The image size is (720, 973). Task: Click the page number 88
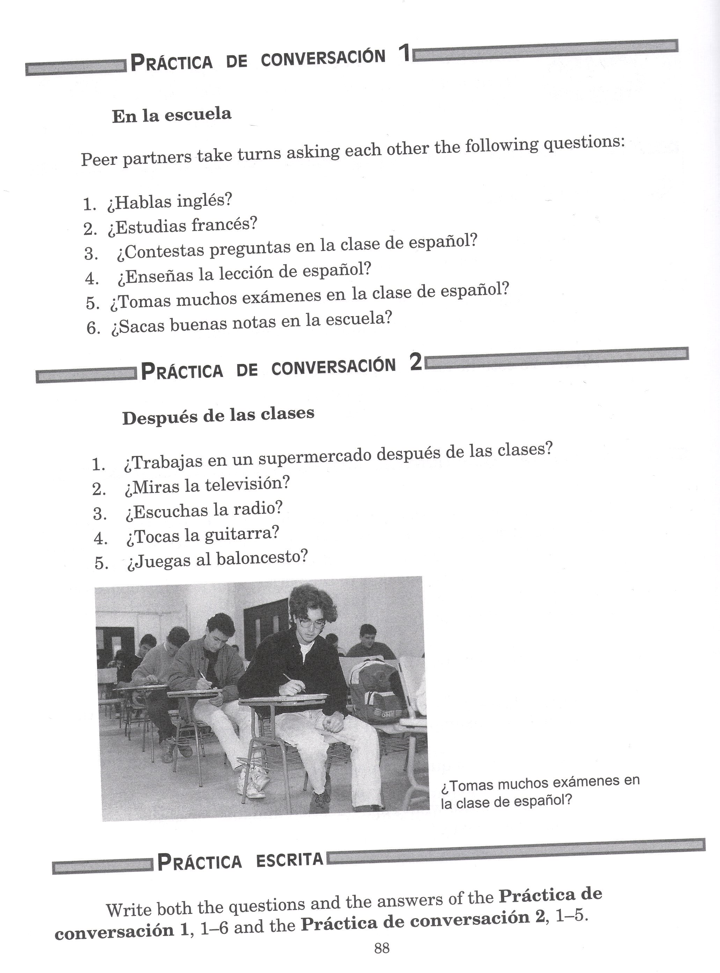(x=381, y=948)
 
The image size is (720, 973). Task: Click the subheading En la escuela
(x=172, y=115)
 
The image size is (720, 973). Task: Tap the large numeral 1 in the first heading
(x=404, y=55)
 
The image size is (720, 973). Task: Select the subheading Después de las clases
(x=218, y=415)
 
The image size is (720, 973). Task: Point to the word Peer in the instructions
(x=100, y=160)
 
